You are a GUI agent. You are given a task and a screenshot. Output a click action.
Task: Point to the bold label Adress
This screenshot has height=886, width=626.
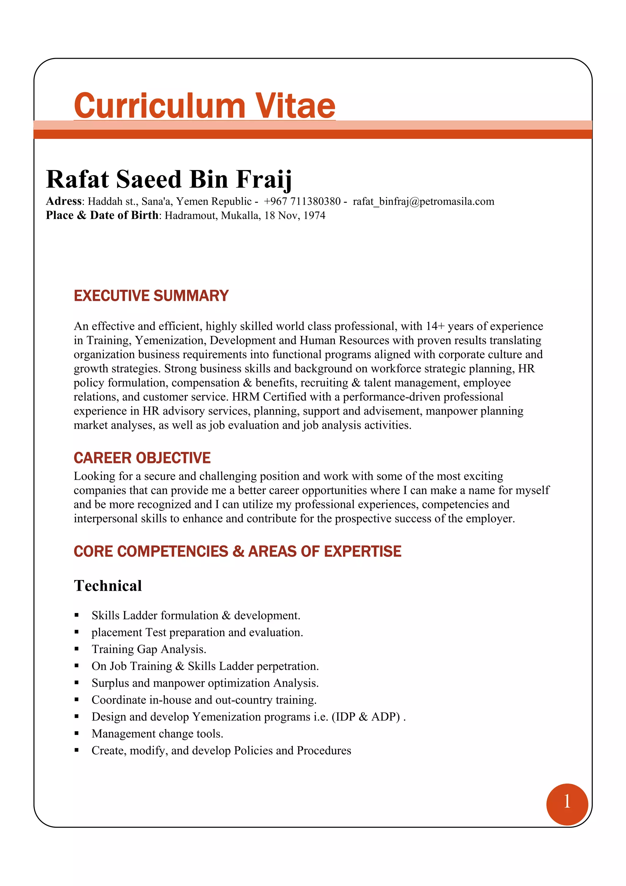point(64,201)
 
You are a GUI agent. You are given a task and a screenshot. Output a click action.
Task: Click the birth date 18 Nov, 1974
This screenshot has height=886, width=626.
point(295,215)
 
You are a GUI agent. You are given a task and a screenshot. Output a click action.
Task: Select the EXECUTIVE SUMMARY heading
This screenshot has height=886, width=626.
point(151,296)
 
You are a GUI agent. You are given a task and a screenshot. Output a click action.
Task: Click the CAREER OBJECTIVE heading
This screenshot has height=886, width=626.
point(142,458)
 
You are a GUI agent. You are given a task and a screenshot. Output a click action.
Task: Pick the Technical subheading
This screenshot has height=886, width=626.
point(108,586)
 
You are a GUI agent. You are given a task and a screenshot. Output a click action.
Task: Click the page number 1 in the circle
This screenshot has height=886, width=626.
point(567,802)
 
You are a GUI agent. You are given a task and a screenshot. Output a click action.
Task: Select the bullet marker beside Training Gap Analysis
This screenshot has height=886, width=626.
point(77,649)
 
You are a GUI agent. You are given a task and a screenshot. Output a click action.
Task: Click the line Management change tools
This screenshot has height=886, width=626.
point(157,733)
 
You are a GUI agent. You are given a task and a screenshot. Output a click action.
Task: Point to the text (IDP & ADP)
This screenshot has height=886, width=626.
point(366,717)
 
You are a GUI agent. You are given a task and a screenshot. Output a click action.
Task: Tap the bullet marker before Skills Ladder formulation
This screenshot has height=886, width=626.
point(77,615)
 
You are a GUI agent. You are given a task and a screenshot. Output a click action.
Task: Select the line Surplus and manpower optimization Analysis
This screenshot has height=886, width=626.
point(205,683)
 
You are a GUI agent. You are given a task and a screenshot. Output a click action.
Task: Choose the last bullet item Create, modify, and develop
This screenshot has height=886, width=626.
point(221,751)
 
